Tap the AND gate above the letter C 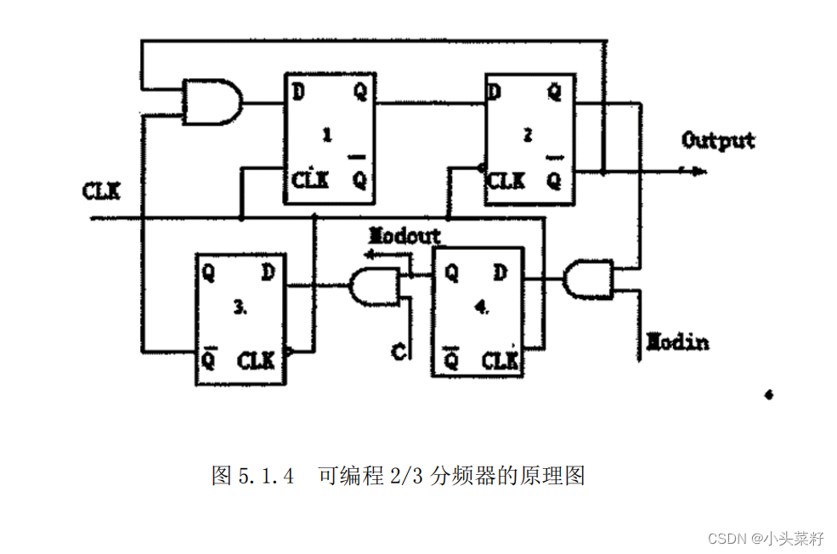click(375, 286)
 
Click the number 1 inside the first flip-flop click(327, 136)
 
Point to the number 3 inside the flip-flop click(240, 310)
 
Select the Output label click(718, 140)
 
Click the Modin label click(677, 342)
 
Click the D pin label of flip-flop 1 click(298, 91)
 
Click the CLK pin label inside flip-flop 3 click(256, 360)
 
